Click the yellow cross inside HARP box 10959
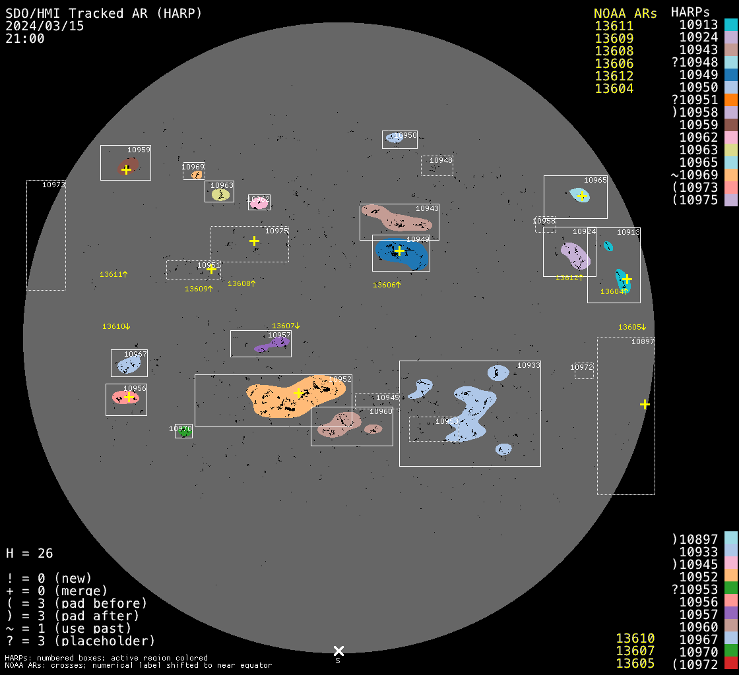(x=126, y=169)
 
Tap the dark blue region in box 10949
(x=412, y=257)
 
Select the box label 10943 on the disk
(x=427, y=208)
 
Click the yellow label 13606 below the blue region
(x=387, y=285)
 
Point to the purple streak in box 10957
(x=272, y=345)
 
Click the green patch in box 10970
(x=185, y=433)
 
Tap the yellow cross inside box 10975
(x=254, y=241)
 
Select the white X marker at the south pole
(x=338, y=651)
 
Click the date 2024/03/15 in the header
(x=45, y=26)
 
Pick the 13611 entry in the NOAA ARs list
(x=614, y=26)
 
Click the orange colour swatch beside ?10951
(x=730, y=100)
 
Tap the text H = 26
(x=29, y=553)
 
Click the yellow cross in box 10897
(x=645, y=404)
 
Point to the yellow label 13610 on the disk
(x=115, y=326)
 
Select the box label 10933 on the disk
(x=529, y=365)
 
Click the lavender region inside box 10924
(x=574, y=255)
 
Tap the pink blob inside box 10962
(x=259, y=203)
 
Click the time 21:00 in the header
(x=25, y=38)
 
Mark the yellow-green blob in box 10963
(x=220, y=194)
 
